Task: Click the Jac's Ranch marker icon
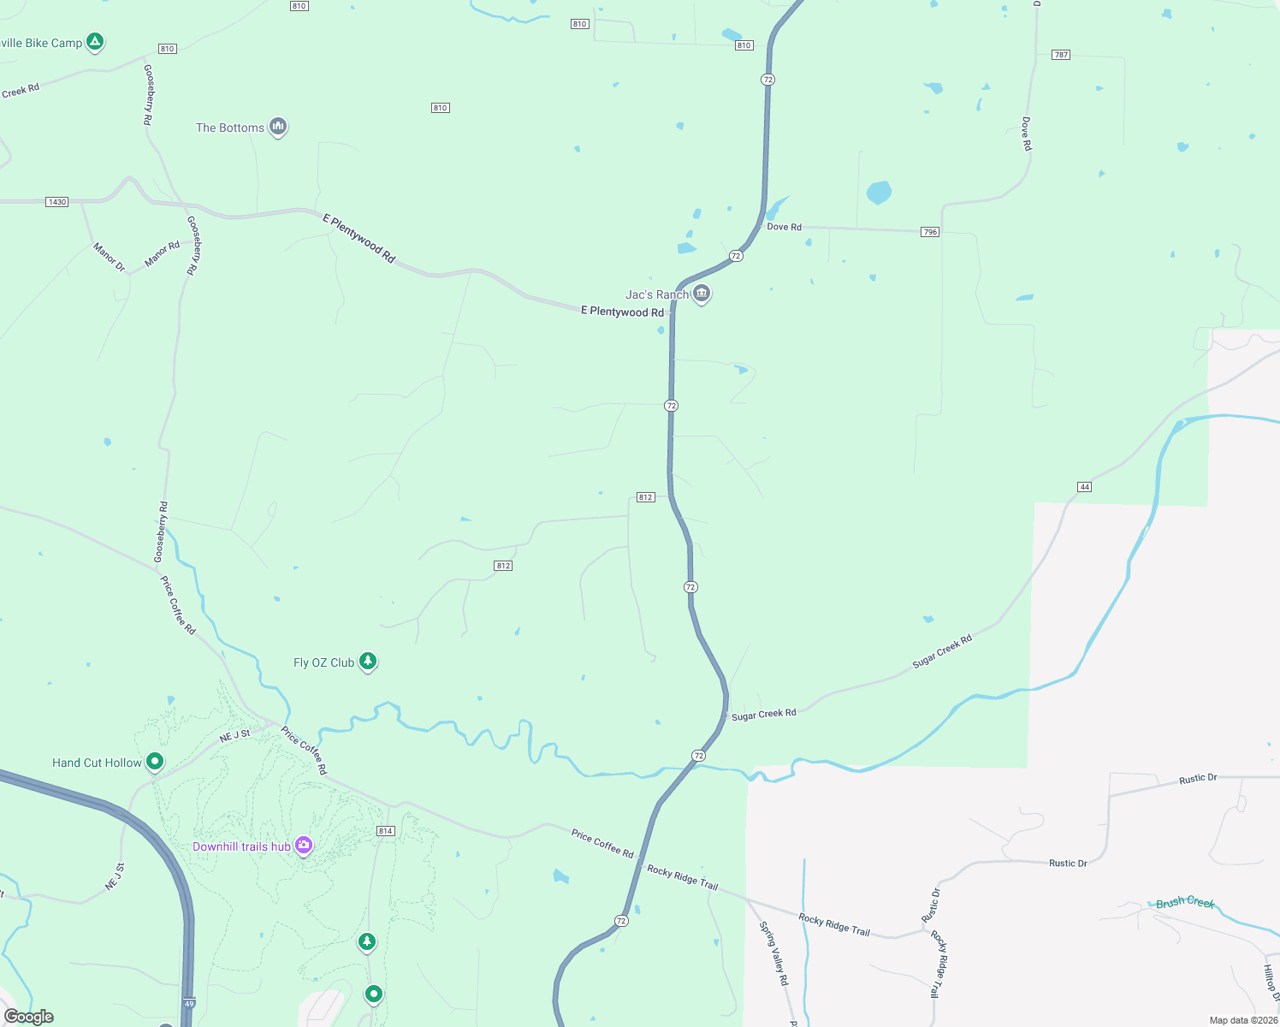[702, 294]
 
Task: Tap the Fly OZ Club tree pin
[368, 661]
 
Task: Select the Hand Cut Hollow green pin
[155, 761]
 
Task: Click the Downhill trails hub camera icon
[303, 846]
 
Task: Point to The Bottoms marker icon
[277, 127]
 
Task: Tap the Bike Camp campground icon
[95, 41]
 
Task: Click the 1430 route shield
[57, 202]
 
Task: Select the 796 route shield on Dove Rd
[930, 232]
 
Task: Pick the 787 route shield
[1061, 55]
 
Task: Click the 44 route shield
[1084, 487]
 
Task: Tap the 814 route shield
[385, 831]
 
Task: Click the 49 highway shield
[189, 1002]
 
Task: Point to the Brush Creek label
[1185, 903]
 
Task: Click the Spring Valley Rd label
[774, 953]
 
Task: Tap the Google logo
[29, 1016]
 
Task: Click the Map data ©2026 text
[1242, 1020]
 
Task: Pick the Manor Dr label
[109, 258]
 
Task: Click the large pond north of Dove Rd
[879, 193]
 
